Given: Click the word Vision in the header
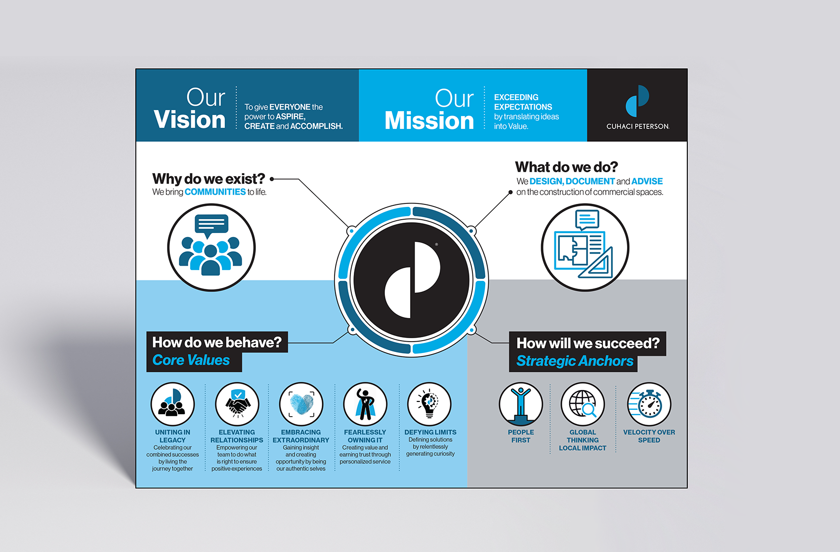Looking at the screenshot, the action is [x=190, y=120].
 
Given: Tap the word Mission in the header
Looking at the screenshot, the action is [x=429, y=121].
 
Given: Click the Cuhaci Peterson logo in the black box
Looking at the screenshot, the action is [x=637, y=101].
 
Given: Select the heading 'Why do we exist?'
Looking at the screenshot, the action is [x=209, y=179].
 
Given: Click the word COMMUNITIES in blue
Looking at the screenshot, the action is [x=215, y=192].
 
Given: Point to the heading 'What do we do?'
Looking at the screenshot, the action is [x=566, y=167].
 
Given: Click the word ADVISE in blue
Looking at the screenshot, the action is [x=647, y=181].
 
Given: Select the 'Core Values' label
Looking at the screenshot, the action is [x=191, y=360].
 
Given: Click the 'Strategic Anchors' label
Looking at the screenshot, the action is [x=575, y=361].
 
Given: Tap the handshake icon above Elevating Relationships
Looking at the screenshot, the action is [x=237, y=404].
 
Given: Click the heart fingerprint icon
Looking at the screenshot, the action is [x=301, y=404].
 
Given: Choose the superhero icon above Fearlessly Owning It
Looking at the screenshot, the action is [x=365, y=404].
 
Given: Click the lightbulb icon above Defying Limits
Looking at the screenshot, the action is [x=429, y=404].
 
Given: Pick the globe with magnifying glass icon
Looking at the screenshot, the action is [x=583, y=404].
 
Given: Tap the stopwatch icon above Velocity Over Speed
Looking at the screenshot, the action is [x=649, y=404].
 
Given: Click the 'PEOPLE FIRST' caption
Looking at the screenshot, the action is [x=521, y=436].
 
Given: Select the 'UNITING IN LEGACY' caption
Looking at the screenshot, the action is [x=172, y=436].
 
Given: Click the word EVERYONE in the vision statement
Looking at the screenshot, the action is [x=290, y=107].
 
